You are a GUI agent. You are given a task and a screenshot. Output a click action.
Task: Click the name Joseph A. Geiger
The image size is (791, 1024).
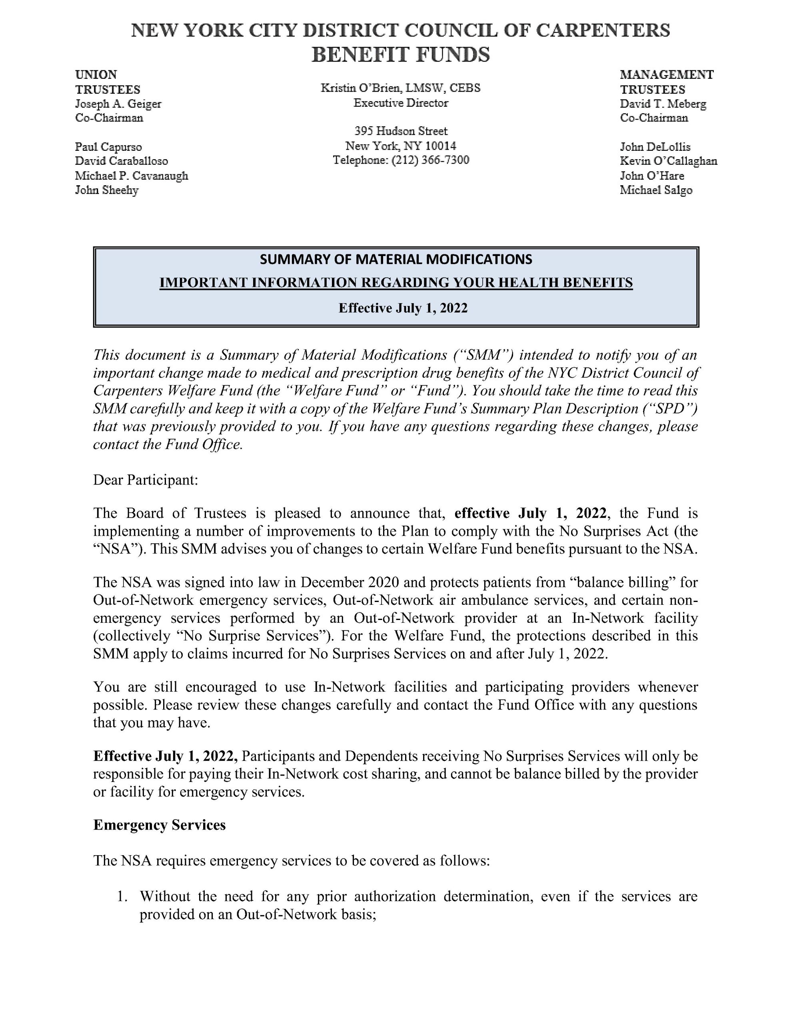[x=118, y=104]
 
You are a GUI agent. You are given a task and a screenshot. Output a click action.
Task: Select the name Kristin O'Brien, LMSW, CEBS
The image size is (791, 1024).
[x=400, y=88]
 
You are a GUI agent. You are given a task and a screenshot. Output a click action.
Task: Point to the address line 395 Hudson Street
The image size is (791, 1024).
[x=401, y=131]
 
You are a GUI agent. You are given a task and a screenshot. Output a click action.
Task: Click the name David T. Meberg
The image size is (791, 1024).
[x=663, y=104]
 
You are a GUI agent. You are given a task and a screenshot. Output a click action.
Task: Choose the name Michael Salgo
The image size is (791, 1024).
[x=655, y=190]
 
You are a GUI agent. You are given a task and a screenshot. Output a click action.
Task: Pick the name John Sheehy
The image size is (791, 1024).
[x=106, y=190]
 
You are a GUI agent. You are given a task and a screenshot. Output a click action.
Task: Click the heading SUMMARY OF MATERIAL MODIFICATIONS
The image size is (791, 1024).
[x=396, y=259]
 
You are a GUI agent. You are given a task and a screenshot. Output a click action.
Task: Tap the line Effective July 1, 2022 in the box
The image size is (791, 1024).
[x=403, y=308]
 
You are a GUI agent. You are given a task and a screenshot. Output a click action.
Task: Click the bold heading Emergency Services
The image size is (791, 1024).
[x=160, y=825]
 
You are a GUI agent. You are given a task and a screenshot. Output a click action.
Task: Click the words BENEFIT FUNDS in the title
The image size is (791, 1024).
[x=400, y=55]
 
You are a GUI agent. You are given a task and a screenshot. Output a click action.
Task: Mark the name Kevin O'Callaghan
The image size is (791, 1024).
[x=668, y=161]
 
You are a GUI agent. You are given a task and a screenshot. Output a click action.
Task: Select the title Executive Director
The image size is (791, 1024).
[x=401, y=103]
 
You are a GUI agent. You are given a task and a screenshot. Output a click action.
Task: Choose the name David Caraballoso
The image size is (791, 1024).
[x=122, y=161]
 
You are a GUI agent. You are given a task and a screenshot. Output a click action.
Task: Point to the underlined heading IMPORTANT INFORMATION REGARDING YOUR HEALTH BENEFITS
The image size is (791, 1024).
[x=396, y=282]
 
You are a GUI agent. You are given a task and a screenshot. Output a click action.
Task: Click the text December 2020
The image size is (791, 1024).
[x=350, y=582]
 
